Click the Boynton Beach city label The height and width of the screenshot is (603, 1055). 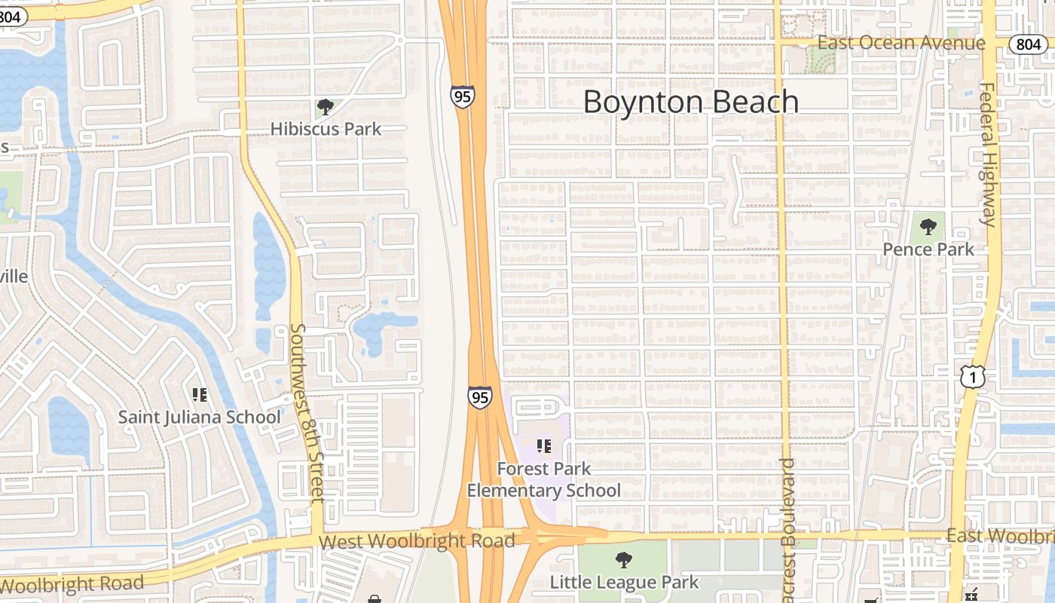point(690,102)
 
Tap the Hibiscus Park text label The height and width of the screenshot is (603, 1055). point(326,129)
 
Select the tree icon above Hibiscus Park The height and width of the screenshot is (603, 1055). point(325,107)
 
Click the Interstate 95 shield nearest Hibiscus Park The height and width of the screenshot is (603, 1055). point(463,96)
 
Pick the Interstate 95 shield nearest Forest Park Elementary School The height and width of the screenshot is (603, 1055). point(479,396)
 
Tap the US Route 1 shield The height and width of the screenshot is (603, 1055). point(974,376)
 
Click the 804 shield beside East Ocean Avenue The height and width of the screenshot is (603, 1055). point(1028,44)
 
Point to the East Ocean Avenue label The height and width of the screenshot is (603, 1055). point(901,43)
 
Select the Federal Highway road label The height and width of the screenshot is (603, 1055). point(987,155)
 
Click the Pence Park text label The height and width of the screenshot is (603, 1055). point(928,249)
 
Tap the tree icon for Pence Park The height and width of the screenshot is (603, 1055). point(928,225)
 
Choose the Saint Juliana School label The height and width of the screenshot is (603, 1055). point(200,417)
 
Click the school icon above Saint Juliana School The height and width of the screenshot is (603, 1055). point(200,394)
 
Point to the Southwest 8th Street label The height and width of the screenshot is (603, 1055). point(307,413)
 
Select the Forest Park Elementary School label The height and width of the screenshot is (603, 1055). point(544,479)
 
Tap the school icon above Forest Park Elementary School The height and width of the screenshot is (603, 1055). point(544,446)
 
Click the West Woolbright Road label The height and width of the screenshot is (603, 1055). point(417,540)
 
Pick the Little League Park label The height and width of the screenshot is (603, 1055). point(624,582)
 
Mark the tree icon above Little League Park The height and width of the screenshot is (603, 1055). point(623,559)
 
